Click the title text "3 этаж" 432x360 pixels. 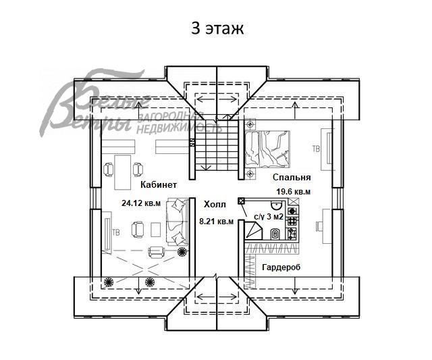(215, 29)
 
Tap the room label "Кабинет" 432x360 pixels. (159, 184)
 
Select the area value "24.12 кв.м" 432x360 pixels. (141, 202)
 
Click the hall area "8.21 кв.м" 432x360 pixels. (217, 221)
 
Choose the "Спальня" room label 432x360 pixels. (292, 178)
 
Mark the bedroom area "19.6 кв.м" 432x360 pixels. (292, 192)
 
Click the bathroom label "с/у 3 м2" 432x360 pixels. (269, 217)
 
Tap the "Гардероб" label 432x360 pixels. (281, 267)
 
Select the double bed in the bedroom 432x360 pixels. (267, 149)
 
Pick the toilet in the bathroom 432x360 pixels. (276, 234)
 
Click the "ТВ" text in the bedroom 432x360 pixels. (316, 148)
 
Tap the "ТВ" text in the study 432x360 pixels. (116, 233)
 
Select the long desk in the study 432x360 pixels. (122, 170)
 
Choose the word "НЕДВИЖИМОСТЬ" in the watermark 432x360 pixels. (179, 126)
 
